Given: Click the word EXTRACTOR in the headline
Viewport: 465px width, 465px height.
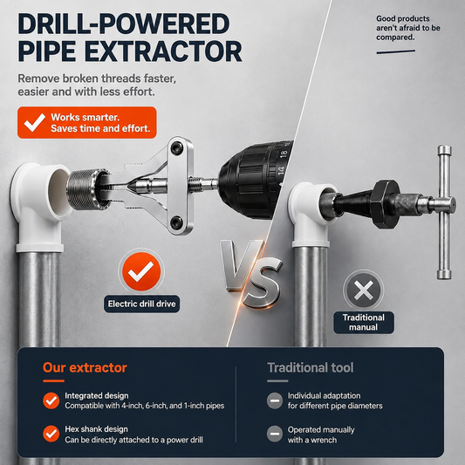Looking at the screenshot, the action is pyautogui.click(x=163, y=51).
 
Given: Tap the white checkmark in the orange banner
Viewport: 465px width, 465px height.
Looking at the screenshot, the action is pyautogui.click(x=35, y=122).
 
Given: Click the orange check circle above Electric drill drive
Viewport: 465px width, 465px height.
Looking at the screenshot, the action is pyautogui.click(x=141, y=271).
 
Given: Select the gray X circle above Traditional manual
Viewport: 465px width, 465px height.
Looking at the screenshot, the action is pyautogui.click(x=364, y=291).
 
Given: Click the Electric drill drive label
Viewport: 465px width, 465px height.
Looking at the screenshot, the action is pyautogui.click(x=141, y=304).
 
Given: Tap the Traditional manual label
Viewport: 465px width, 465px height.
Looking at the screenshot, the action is pyautogui.click(x=364, y=322).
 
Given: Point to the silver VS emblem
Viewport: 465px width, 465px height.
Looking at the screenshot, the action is pyautogui.click(x=251, y=273).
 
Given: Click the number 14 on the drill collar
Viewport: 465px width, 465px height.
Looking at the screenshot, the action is pyautogui.click(x=281, y=170).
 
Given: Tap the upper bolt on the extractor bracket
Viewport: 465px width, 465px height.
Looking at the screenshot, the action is pyautogui.click(x=177, y=147).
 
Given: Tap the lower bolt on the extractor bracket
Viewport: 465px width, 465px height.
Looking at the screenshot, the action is pyautogui.click(x=177, y=222).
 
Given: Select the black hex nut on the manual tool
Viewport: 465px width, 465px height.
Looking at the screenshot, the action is pyautogui.click(x=386, y=204).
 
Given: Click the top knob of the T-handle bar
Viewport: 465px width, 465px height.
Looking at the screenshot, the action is pyautogui.click(x=444, y=151).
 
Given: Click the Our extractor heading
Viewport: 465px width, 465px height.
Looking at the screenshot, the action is pyautogui.click(x=85, y=368).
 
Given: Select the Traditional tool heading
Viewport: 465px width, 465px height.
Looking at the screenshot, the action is pyautogui.click(x=311, y=368).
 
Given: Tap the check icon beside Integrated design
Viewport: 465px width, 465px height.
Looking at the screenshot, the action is pyautogui.click(x=51, y=400).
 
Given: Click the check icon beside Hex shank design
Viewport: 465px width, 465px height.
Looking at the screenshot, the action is pyautogui.click(x=51, y=434).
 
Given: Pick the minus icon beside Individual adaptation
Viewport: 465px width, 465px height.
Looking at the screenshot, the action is pyautogui.click(x=275, y=400).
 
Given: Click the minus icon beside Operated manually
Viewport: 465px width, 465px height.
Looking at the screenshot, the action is pyautogui.click(x=275, y=434).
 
